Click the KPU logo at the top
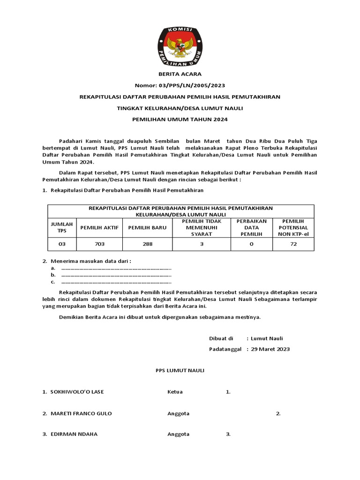click(x=180, y=46)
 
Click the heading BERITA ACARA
click(x=180, y=74)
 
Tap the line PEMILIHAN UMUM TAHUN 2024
click(x=180, y=120)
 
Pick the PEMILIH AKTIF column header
click(x=99, y=227)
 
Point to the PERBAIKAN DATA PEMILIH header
click(x=251, y=227)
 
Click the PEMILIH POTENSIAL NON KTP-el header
click(x=293, y=227)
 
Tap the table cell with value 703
click(x=99, y=244)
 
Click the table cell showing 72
click(x=293, y=244)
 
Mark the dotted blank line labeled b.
click(x=116, y=275)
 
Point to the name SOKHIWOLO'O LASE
click(x=80, y=392)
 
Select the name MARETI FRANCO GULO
click(x=81, y=413)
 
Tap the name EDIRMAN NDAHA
click(x=74, y=434)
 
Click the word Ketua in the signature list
click(x=175, y=392)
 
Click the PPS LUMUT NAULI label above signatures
click(x=180, y=370)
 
